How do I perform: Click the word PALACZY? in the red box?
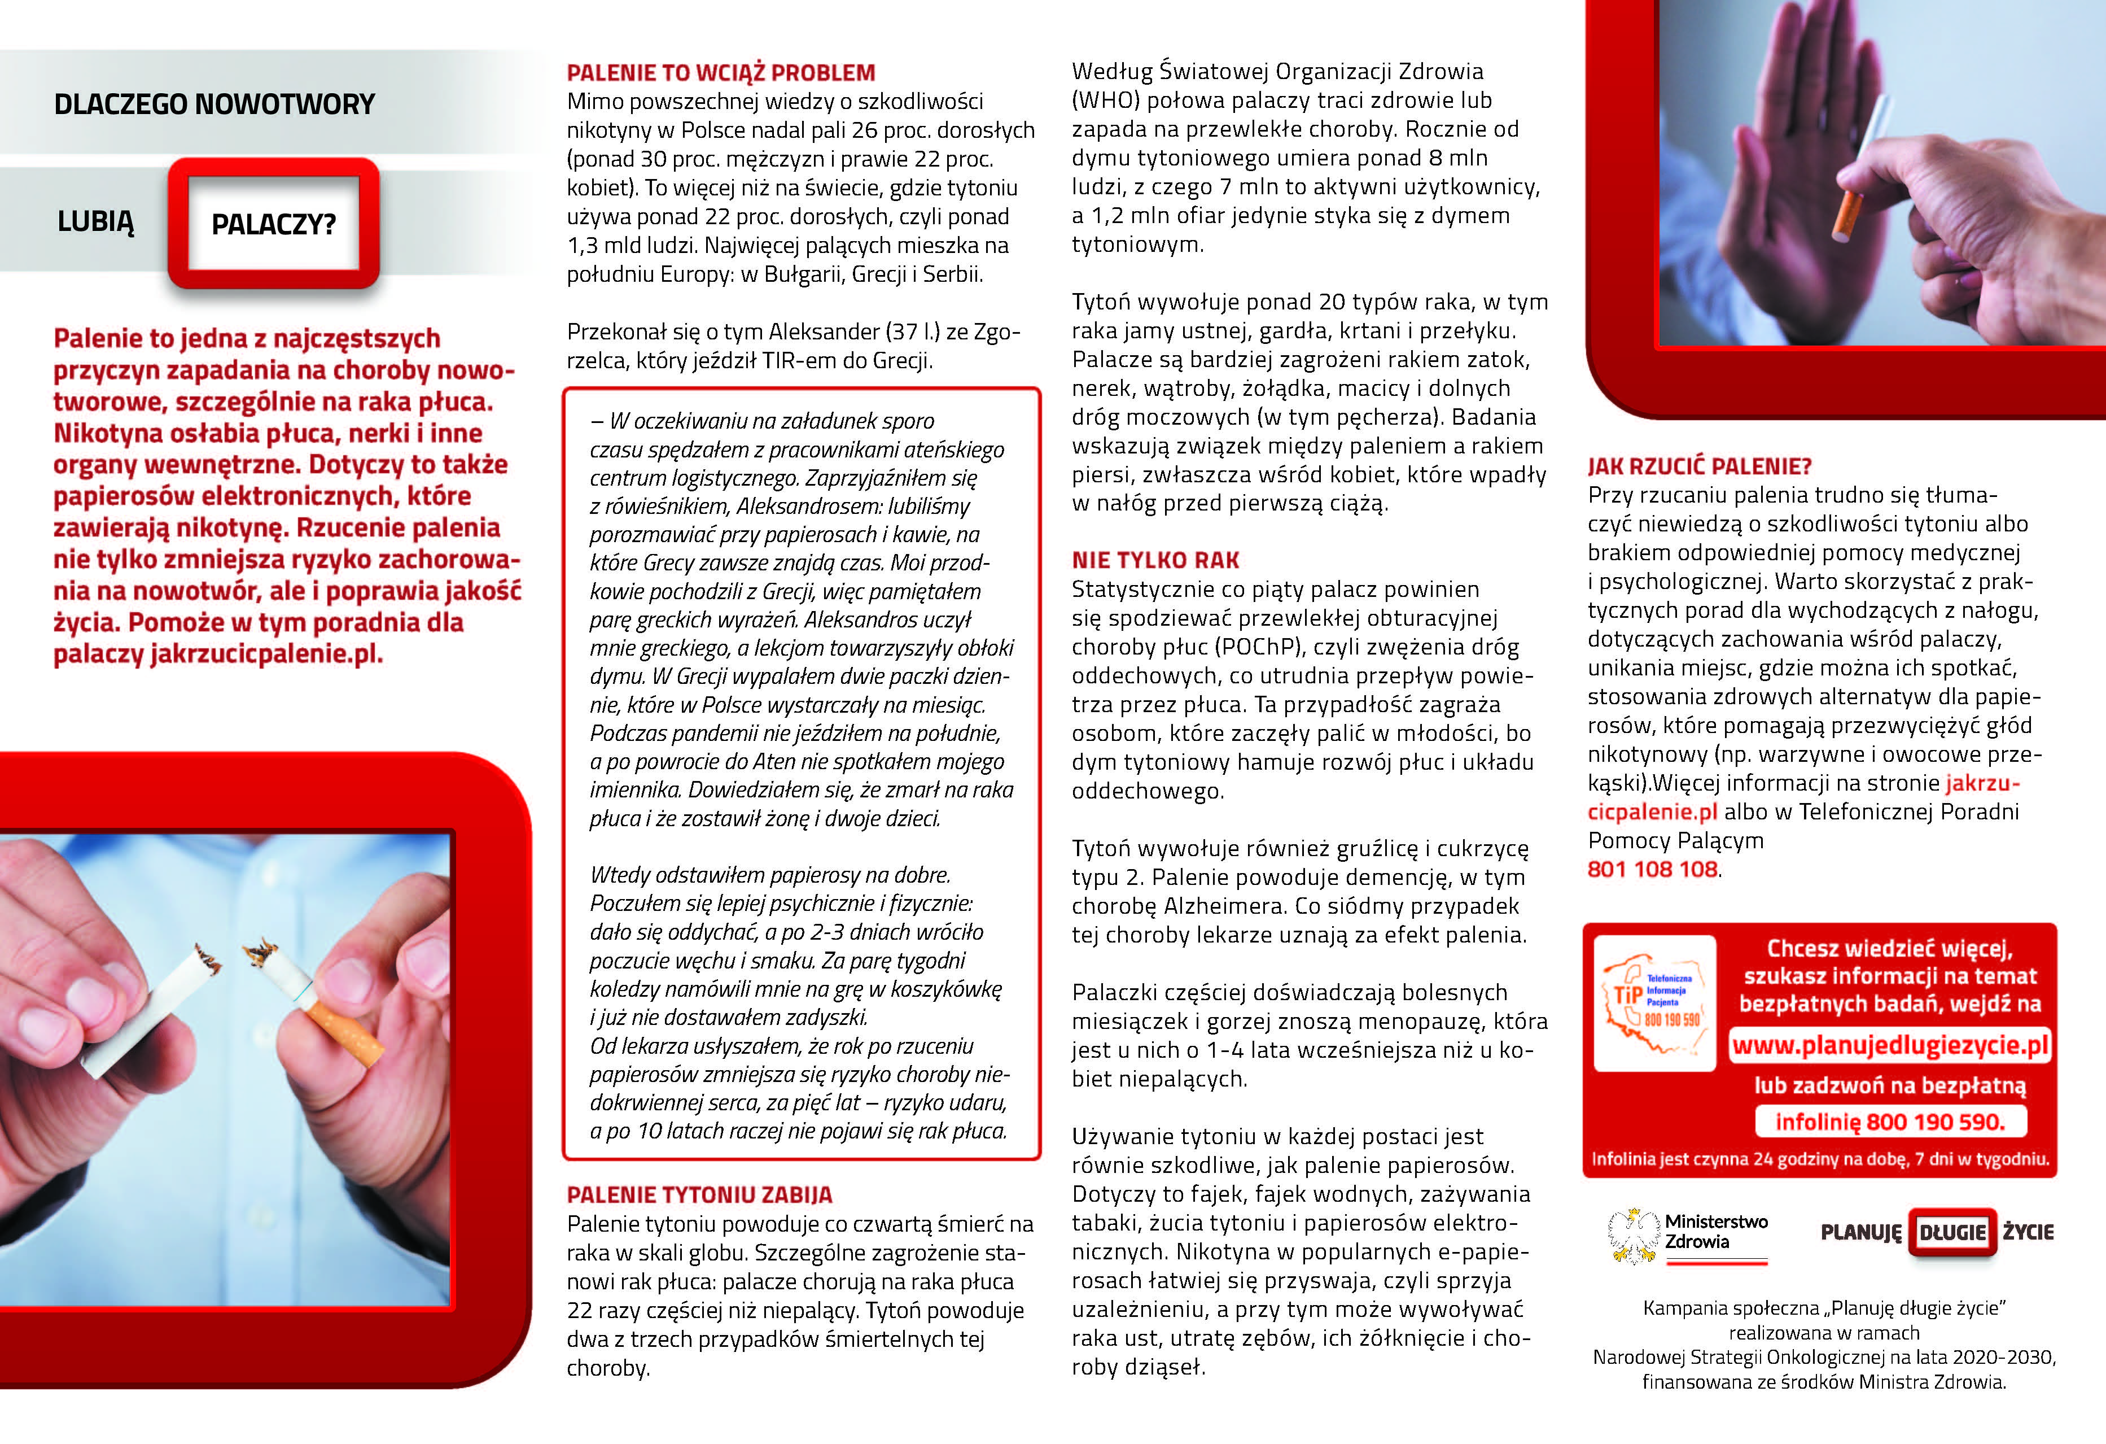[x=274, y=224]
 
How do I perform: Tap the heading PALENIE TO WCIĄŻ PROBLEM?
[x=720, y=72]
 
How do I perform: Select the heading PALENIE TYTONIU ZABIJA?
[x=699, y=1195]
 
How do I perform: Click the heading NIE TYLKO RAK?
[x=1155, y=560]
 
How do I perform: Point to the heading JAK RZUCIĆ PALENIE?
[x=1699, y=467]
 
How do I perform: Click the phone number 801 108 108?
[x=1652, y=869]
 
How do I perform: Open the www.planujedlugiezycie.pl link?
[x=1889, y=1045]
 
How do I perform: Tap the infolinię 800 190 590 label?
[x=1889, y=1122]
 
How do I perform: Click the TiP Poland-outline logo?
[x=1654, y=1002]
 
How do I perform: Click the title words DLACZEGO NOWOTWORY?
[x=214, y=104]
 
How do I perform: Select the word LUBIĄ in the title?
[x=95, y=221]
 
